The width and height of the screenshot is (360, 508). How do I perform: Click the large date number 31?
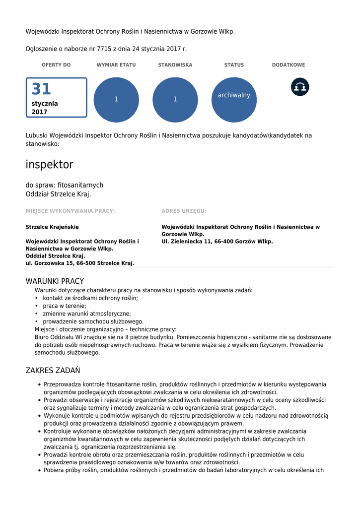tap(42, 89)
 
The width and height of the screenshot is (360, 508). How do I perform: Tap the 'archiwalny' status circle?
tap(234, 100)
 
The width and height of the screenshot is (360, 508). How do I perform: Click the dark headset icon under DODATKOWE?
tap(300, 87)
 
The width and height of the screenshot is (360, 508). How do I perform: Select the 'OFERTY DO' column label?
tap(56, 65)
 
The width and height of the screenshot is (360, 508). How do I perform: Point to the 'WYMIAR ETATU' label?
tap(116, 65)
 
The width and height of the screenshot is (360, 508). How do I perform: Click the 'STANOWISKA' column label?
tap(175, 65)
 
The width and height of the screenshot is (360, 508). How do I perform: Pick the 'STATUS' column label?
tap(234, 65)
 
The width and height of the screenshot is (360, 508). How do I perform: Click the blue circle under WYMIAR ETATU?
tap(116, 100)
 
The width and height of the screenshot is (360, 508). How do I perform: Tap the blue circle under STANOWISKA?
tap(175, 100)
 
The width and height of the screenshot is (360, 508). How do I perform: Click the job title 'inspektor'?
tap(49, 165)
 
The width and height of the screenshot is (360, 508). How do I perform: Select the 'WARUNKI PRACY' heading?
tap(55, 281)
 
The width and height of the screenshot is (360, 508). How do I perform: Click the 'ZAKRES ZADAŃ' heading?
tap(53, 371)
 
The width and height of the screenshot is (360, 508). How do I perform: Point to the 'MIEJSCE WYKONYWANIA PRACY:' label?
tap(70, 211)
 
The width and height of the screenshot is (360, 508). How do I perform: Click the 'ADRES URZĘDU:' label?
tap(184, 211)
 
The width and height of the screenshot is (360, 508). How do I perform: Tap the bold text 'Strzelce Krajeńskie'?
tap(52, 227)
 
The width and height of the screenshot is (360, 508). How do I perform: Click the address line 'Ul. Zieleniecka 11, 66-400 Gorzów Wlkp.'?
tap(217, 242)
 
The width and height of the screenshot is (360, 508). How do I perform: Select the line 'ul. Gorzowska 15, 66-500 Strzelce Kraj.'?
tap(80, 263)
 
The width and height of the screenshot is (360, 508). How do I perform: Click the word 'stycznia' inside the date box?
tap(45, 104)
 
